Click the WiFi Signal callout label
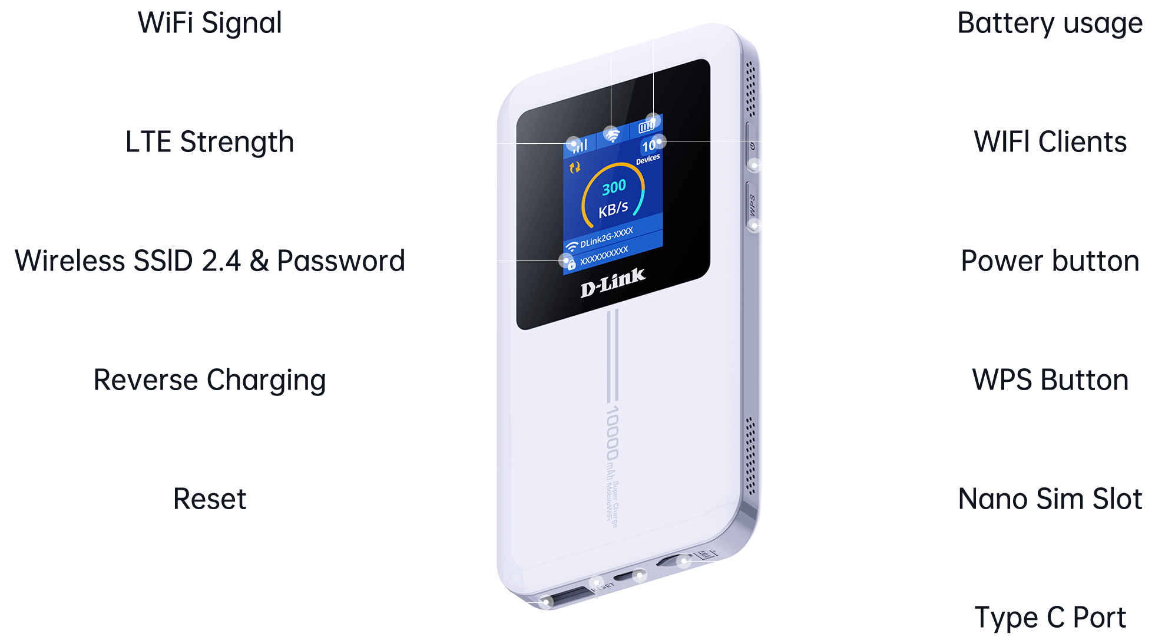(209, 22)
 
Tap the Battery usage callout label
(1050, 22)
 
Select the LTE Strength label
(209, 141)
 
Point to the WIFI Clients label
(1050, 141)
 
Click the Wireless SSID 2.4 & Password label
(209, 260)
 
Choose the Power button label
(1050, 260)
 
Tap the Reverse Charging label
(209, 380)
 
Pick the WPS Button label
(1050, 380)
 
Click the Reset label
(209, 499)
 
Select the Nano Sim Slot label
(1050, 499)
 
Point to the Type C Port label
(1050, 618)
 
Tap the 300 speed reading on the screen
(614, 187)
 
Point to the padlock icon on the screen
(570, 264)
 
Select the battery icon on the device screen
(646, 126)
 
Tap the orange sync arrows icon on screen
(575, 168)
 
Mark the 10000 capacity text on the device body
(612, 433)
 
